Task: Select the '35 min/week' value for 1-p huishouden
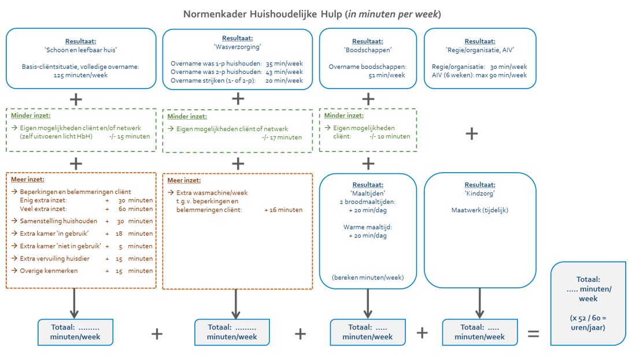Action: (284, 64)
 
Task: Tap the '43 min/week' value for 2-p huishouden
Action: (284, 72)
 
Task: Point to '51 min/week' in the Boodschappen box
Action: (367, 75)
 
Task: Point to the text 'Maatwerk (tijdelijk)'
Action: (479, 210)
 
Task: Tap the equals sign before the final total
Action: (533, 334)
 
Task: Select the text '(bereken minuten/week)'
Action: (367, 277)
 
